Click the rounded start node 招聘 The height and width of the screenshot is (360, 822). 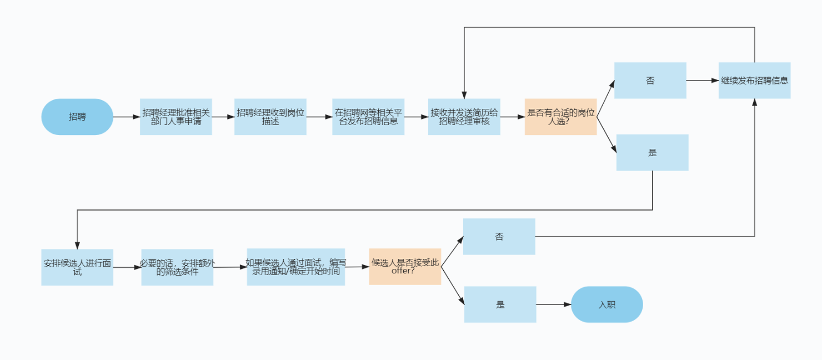(77, 117)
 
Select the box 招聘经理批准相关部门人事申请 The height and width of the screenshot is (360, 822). (176, 117)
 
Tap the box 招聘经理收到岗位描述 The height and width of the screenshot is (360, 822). (270, 117)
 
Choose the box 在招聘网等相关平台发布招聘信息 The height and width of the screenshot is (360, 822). (368, 117)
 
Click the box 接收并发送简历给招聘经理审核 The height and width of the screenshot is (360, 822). (464, 117)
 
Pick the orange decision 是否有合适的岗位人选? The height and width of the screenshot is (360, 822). (560, 117)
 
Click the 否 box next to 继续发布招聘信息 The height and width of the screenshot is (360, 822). (650, 81)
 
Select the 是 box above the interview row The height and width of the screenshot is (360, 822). (652, 152)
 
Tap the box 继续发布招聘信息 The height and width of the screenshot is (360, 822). (754, 81)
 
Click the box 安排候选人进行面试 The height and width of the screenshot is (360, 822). (77, 267)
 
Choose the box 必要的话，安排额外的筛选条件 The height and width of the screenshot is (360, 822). (177, 267)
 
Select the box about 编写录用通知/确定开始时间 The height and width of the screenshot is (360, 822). (295, 267)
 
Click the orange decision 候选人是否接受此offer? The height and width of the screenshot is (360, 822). (405, 267)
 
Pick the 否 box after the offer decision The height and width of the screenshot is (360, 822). (499, 237)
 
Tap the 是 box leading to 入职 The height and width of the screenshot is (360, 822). (500, 304)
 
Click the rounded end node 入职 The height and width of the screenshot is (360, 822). (607, 304)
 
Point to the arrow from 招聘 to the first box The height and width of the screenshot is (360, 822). (127, 117)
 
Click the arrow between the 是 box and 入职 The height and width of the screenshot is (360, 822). (553, 304)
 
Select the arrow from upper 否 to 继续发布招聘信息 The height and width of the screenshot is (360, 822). (703, 81)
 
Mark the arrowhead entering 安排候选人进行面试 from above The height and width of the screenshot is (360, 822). (77, 246)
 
